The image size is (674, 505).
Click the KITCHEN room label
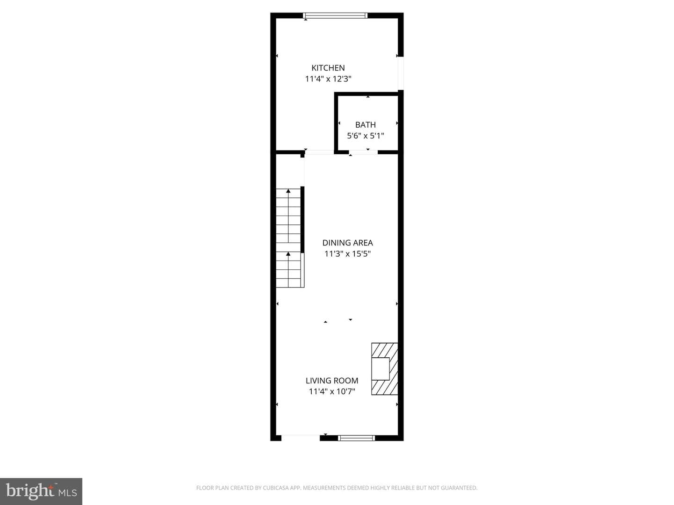328,68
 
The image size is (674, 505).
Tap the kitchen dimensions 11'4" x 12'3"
328,79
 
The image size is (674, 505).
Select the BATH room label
366,125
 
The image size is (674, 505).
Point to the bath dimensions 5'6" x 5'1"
366,136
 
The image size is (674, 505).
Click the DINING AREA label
348,243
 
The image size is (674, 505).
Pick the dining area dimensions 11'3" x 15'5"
348,254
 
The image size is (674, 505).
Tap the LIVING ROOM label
332,381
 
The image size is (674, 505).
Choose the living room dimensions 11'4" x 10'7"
332,391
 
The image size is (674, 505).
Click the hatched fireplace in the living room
384,368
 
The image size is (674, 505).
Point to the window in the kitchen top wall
335,15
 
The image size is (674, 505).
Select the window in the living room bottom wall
357,438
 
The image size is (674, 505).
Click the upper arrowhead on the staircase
288,191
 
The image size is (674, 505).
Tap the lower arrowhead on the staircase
288,254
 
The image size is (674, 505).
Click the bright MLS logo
41,491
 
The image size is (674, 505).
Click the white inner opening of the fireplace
381,369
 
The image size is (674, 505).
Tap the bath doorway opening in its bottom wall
363,152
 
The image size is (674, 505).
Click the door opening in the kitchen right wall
401,73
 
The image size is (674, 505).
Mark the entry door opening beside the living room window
300,438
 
